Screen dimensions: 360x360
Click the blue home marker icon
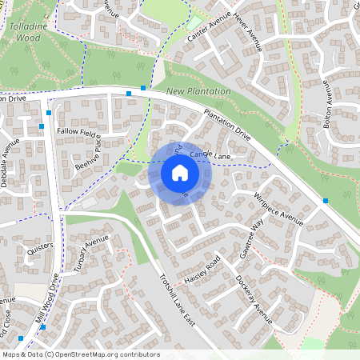pos(180,172)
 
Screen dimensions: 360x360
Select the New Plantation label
pos(198,92)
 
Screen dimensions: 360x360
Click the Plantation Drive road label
pos(227,126)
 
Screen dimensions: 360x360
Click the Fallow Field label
pos(76,131)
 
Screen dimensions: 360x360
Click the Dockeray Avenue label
pos(254,300)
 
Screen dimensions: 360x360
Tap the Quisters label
pos(39,250)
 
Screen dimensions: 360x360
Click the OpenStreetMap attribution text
pos(80,354)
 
